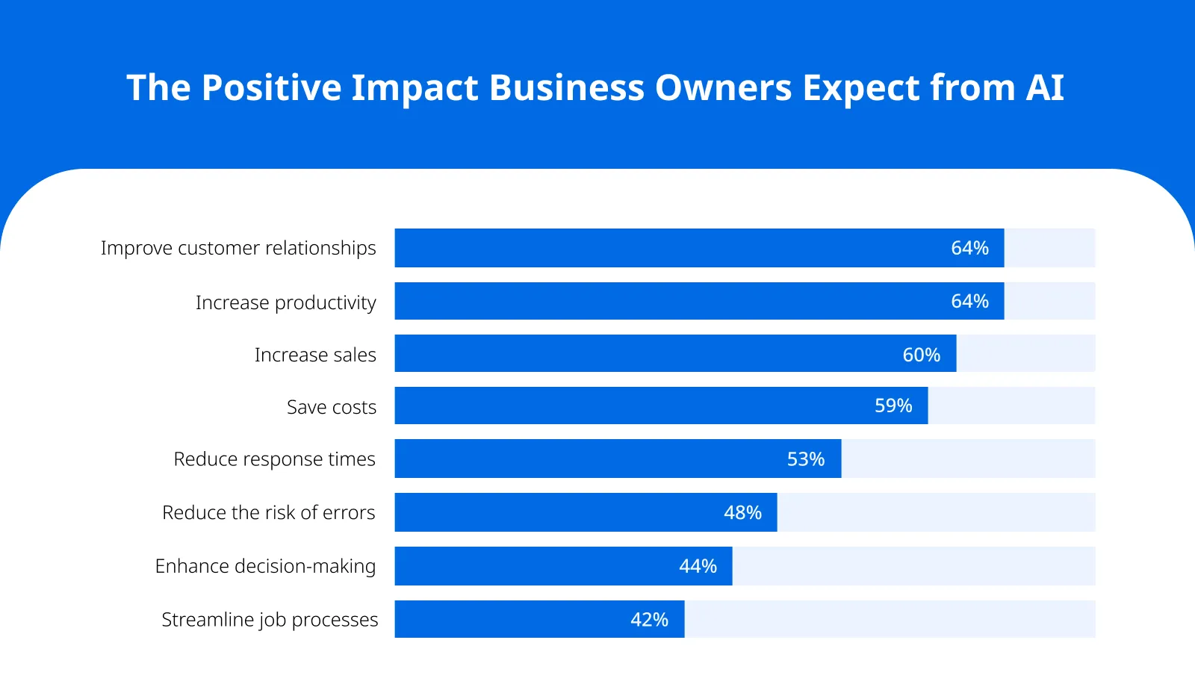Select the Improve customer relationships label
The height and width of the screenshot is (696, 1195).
[x=238, y=248]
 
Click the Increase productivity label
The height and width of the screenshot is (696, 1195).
[x=285, y=302]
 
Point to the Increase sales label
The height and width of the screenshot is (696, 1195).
[x=315, y=355]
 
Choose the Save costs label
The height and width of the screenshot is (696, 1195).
[x=332, y=407]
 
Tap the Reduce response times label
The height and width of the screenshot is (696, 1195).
[x=274, y=459]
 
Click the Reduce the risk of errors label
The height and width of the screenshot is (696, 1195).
[x=268, y=512]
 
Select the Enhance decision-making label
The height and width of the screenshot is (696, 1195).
[x=265, y=566]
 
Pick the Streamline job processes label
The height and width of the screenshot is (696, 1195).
[x=270, y=620]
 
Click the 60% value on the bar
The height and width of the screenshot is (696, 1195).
[x=921, y=355]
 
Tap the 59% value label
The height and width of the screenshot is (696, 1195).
[x=893, y=406]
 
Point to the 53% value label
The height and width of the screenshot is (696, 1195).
[x=805, y=459]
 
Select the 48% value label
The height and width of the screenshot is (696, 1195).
[x=742, y=512]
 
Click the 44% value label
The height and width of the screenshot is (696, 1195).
[x=698, y=566]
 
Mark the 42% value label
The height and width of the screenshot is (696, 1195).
[x=649, y=620]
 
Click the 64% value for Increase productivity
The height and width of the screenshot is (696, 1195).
[x=969, y=301]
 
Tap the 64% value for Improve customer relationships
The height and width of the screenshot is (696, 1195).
[x=969, y=248]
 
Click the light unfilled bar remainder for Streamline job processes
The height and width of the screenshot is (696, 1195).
[x=889, y=619]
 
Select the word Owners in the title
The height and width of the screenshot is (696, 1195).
[x=723, y=87]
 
